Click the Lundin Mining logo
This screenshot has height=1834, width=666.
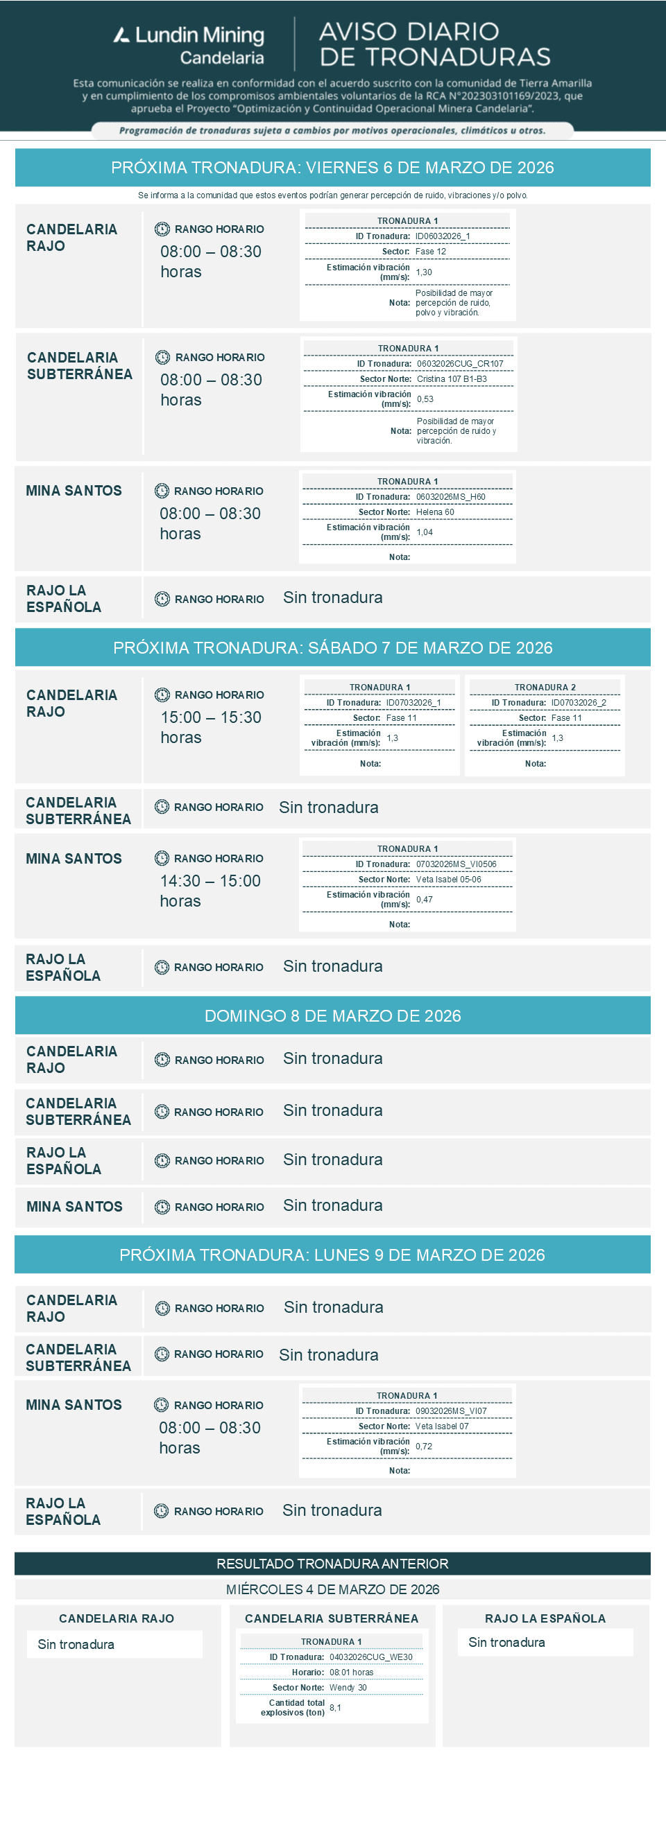189,45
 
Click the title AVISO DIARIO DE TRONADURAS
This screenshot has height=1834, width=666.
434,44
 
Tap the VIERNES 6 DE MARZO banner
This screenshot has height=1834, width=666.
332,168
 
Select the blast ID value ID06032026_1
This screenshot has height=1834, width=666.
443,236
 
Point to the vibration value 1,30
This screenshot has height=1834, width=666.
424,272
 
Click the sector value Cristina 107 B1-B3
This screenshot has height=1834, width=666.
452,379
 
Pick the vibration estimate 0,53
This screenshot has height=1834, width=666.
425,399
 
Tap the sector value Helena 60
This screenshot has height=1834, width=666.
434,513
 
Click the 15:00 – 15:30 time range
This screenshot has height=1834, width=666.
211,717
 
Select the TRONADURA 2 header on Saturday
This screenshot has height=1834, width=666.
545,688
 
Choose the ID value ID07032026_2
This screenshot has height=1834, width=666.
579,703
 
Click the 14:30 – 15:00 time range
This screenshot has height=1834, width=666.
210,882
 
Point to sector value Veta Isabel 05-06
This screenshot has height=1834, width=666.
448,880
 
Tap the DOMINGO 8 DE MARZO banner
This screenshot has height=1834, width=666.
332,1016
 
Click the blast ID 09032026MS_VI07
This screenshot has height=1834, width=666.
451,1411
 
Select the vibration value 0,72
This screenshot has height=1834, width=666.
424,1447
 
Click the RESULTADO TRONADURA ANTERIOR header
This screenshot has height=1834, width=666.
332,1564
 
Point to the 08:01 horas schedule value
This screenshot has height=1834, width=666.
351,1673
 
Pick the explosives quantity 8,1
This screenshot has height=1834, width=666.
335,1708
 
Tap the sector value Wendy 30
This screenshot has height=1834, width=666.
348,1688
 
